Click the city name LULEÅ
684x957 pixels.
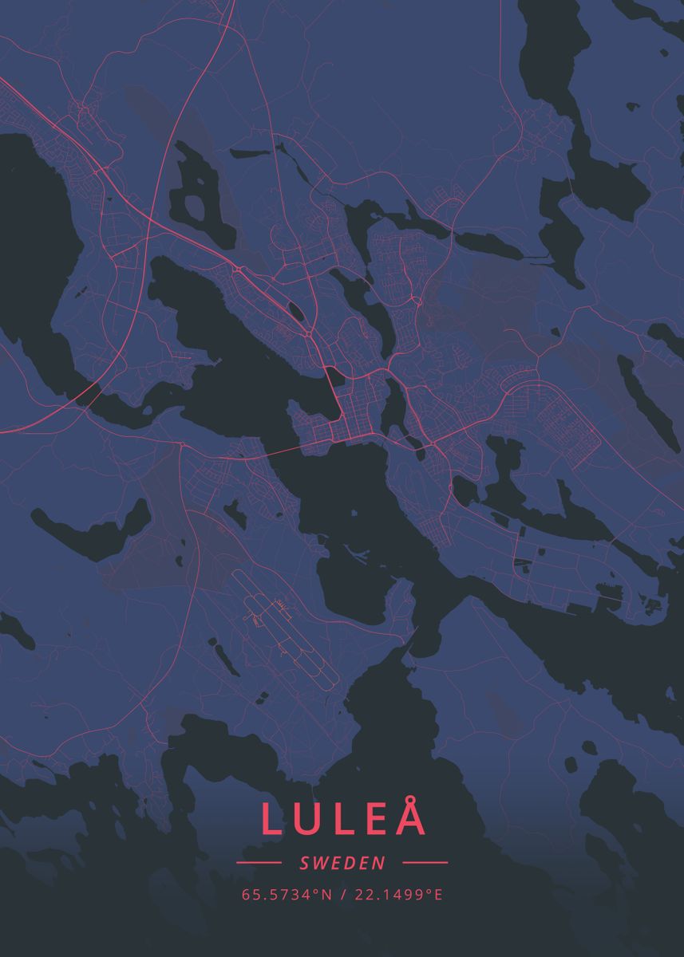tap(342, 819)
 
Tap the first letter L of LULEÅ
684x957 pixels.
tap(271, 820)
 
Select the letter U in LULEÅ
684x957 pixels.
tap(306, 820)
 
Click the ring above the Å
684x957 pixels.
tap(410, 798)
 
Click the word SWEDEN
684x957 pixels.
tap(342, 863)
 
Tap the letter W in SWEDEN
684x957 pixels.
tap(318, 863)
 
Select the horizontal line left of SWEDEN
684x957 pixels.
tap(259, 862)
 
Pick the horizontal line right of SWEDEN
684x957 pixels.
tap(425, 862)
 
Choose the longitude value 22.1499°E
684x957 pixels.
tap(397, 895)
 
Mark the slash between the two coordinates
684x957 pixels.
tap(342, 895)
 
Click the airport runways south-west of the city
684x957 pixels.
tap(291, 638)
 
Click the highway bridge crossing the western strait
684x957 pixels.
tap(89, 393)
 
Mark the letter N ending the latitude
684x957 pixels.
tap(326, 895)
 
